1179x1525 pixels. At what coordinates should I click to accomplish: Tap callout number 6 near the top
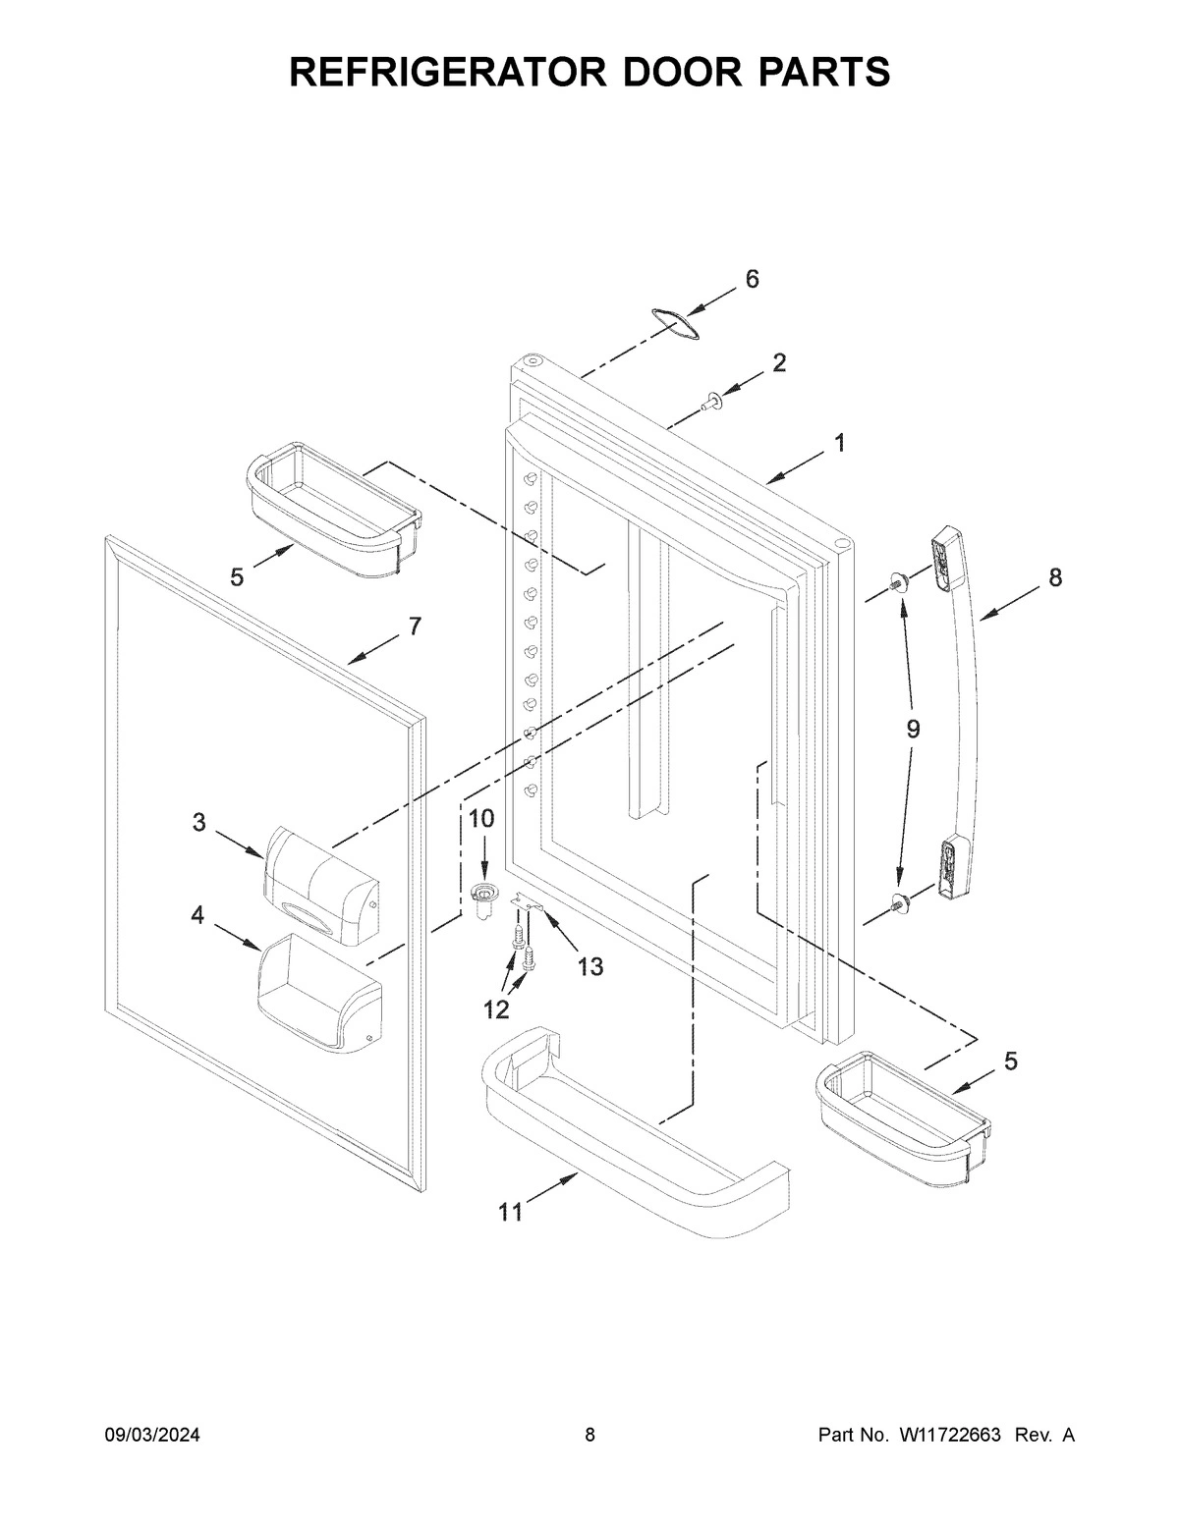point(752,279)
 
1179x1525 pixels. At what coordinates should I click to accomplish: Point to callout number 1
point(839,443)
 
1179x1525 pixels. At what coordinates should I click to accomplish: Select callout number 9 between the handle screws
point(913,729)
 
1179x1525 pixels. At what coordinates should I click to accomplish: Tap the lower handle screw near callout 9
point(898,902)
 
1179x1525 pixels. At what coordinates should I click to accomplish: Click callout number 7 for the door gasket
point(415,626)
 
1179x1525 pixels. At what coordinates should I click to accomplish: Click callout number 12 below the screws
point(497,1008)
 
